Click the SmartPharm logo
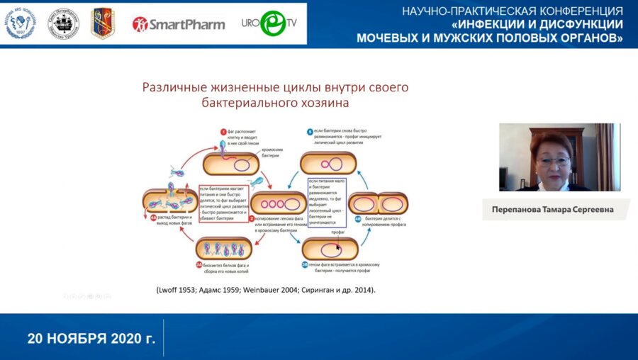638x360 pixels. pos(179,24)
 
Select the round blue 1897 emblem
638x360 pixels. pos(20,23)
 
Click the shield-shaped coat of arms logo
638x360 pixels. pos(102,23)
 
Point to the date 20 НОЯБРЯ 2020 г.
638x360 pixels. pos(91,337)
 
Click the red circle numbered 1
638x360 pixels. pos(223,132)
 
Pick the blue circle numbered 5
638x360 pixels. pos(310,132)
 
